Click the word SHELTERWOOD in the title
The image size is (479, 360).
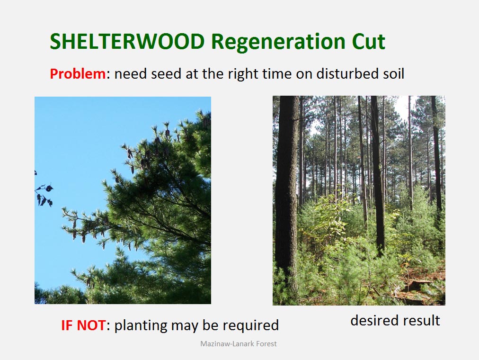coord(127,41)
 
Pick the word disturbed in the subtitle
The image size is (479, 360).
coord(343,73)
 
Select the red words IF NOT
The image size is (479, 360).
coord(83,325)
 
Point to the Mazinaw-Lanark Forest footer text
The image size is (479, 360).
coord(238,344)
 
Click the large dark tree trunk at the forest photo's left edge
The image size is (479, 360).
coord(286,196)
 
